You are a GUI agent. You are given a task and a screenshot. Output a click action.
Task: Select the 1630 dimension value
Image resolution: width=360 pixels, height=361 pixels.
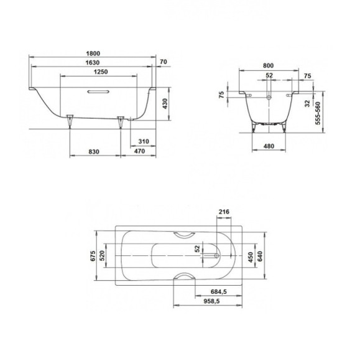point(93,63)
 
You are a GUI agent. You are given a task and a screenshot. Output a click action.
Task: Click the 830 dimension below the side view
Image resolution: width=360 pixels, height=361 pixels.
point(95,152)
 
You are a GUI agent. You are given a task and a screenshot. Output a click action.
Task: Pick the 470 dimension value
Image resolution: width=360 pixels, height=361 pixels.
point(140,152)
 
